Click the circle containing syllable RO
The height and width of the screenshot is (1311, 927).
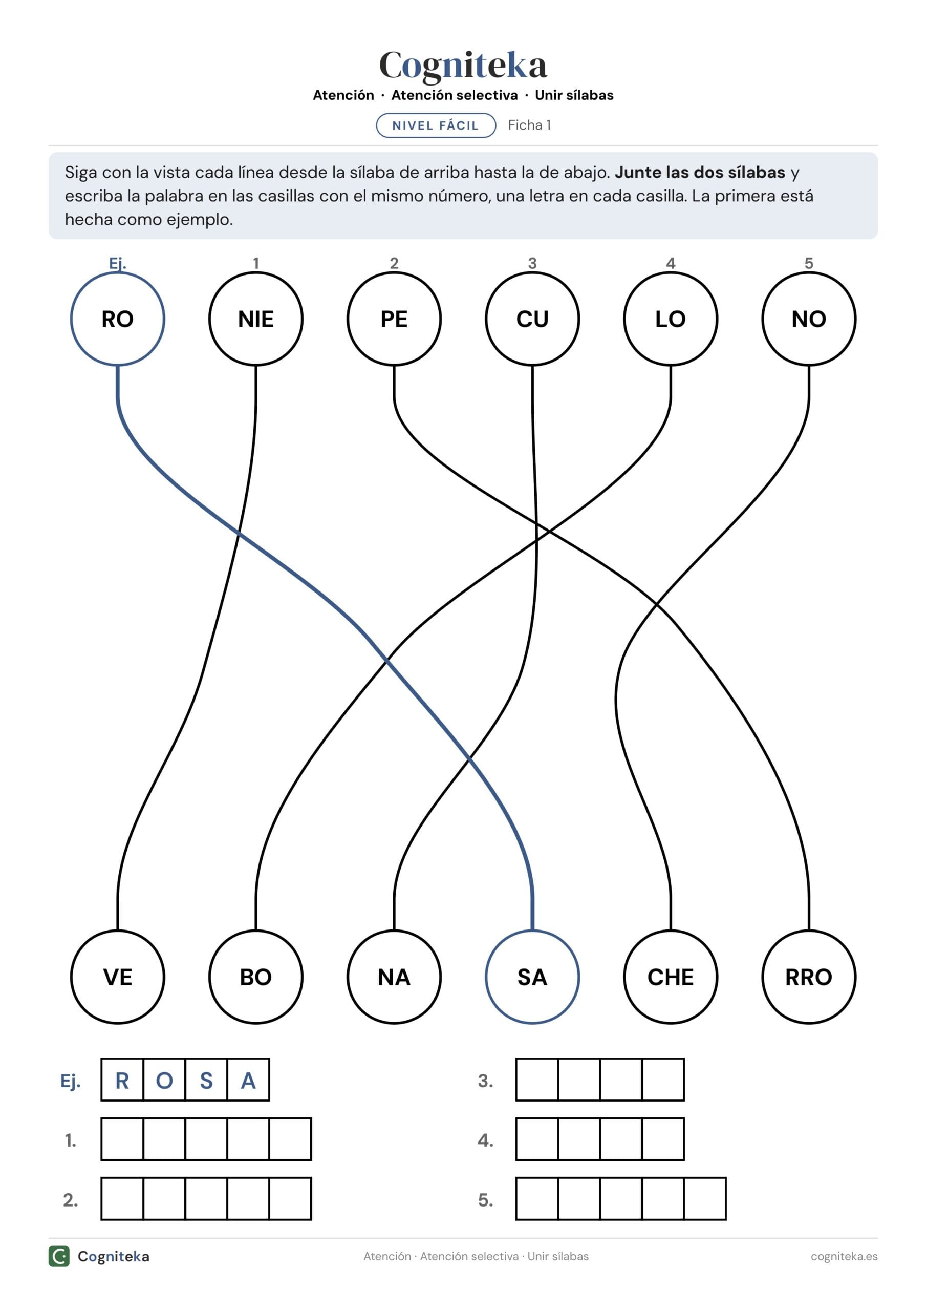(x=118, y=272)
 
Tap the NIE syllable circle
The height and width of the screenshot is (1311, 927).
(x=256, y=272)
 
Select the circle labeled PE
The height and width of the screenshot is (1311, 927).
(x=394, y=272)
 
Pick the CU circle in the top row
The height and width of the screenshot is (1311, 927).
(x=532, y=272)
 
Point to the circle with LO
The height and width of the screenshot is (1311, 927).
(x=671, y=272)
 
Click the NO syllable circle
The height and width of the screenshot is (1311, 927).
(x=809, y=272)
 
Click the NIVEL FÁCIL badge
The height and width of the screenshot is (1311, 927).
(x=436, y=125)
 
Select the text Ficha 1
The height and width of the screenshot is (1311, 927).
(x=529, y=125)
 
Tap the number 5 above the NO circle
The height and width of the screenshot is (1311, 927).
(x=809, y=263)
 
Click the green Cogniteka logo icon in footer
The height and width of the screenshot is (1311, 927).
(x=59, y=1256)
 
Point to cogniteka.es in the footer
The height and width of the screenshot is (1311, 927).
(x=844, y=1256)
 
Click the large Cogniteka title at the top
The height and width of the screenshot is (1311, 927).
(x=463, y=65)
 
